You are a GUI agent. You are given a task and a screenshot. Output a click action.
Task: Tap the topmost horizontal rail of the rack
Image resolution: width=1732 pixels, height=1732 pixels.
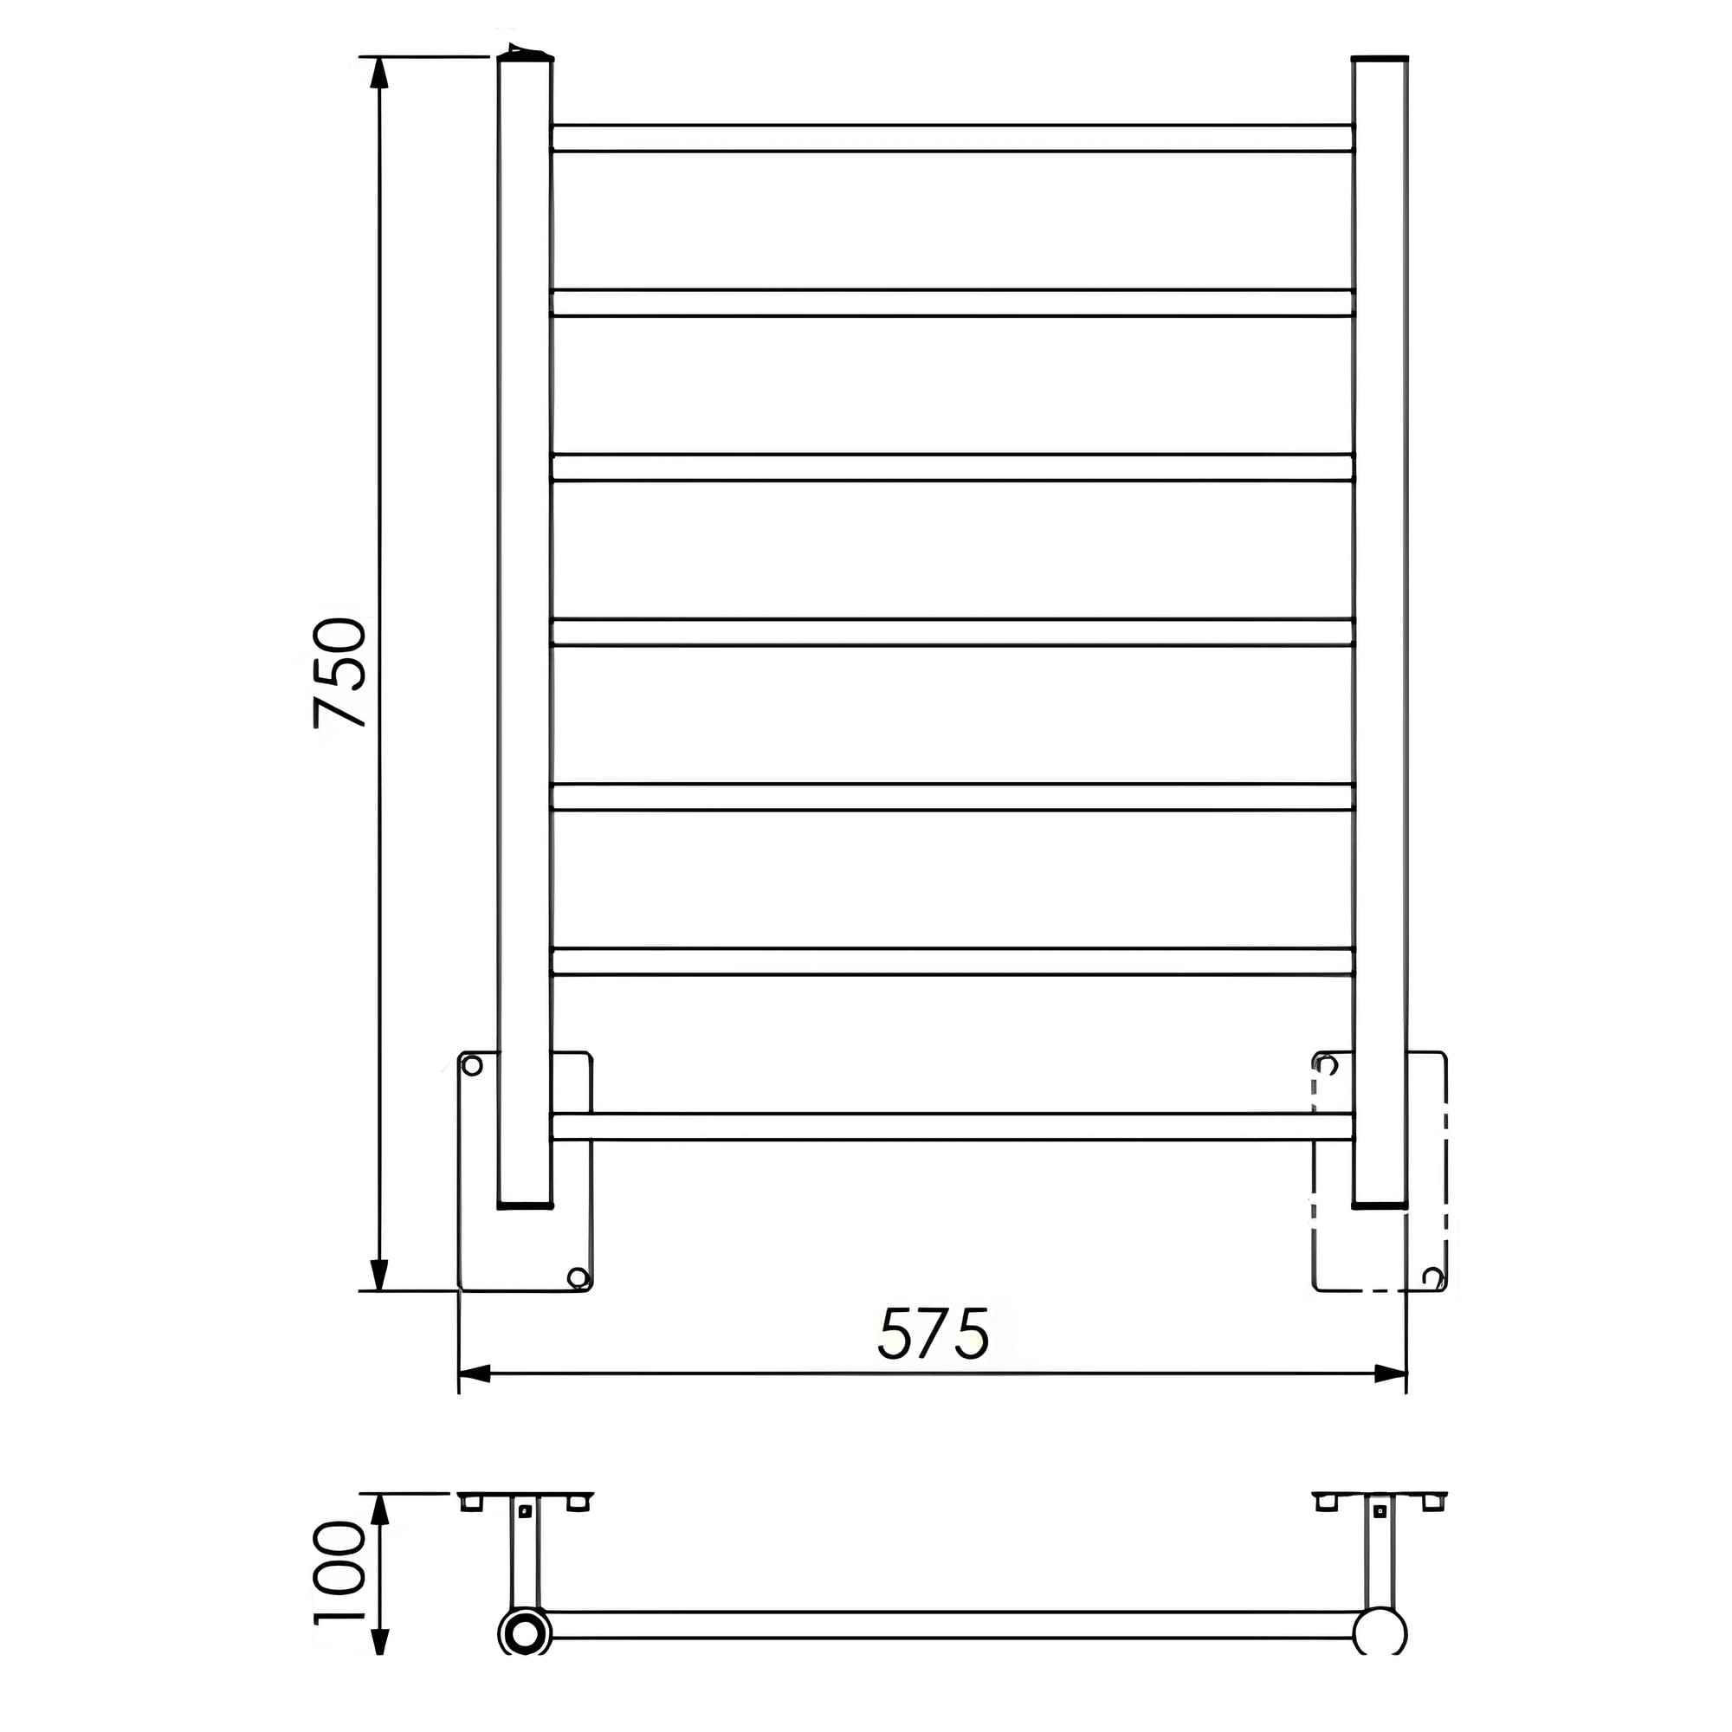pyautogui.click(x=952, y=138)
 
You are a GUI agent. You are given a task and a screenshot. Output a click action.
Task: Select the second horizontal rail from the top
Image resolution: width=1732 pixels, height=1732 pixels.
pyautogui.click(x=952, y=303)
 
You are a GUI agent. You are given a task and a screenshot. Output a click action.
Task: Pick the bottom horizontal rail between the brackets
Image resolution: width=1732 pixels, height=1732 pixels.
pyautogui.click(x=952, y=1127)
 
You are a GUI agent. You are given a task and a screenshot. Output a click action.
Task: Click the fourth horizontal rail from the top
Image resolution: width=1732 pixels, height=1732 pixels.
pyautogui.click(x=952, y=632)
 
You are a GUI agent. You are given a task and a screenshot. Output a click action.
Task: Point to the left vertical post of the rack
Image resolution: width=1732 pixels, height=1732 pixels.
pyautogui.click(x=525, y=628)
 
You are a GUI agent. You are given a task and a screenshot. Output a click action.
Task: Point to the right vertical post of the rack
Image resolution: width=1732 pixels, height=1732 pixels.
pyautogui.click(x=1380, y=628)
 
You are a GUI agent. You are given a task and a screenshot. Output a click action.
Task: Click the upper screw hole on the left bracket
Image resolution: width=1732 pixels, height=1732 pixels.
pyautogui.click(x=472, y=1065)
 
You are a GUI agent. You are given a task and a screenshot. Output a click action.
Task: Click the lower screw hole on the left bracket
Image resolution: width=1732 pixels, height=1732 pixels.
pyautogui.click(x=578, y=1277)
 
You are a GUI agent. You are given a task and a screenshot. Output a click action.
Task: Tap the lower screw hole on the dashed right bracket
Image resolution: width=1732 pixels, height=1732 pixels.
pyautogui.click(x=1432, y=1276)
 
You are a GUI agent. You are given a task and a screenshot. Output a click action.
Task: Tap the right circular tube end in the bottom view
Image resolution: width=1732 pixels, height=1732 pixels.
pyautogui.click(x=1380, y=1632)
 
